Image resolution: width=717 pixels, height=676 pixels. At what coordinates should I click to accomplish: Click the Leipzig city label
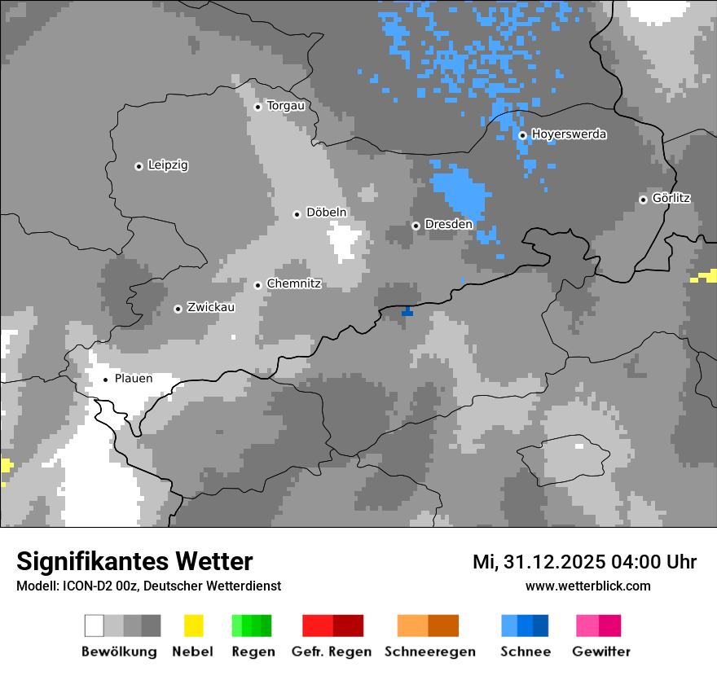click(168, 165)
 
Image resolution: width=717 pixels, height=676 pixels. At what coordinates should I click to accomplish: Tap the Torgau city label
click(286, 106)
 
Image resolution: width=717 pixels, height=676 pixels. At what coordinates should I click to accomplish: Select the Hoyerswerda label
click(569, 134)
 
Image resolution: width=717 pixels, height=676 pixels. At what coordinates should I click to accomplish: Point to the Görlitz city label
click(671, 199)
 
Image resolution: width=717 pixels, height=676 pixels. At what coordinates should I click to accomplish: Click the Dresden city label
click(448, 225)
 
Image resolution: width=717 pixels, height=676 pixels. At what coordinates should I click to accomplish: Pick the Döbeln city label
click(326, 213)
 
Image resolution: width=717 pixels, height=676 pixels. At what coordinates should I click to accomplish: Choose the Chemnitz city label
click(293, 284)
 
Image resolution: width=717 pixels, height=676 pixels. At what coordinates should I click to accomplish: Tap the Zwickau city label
click(211, 308)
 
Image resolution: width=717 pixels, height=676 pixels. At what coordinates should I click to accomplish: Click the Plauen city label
click(134, 379)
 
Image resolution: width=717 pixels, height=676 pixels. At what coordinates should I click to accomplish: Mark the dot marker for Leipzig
click(139, 166)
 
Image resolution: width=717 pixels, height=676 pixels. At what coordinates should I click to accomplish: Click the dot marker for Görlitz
click(643, 200)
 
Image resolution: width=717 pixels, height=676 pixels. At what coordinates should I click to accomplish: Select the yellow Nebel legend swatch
click(193, 626)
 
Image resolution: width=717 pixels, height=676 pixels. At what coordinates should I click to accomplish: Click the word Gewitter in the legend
click(601, 652)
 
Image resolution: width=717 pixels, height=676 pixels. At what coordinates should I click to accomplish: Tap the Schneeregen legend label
click(429, 652)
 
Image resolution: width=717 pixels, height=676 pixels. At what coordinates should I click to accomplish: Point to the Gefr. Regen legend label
click(332, 652)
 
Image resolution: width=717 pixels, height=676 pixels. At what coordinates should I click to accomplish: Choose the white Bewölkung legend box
click(95, 626)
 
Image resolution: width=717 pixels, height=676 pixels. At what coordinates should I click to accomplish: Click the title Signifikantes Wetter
click(134, 561)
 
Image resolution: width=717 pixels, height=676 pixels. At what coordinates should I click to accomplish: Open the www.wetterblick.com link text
click(587, 586)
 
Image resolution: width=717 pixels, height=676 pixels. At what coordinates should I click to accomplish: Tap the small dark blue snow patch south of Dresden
click(407, 311)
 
